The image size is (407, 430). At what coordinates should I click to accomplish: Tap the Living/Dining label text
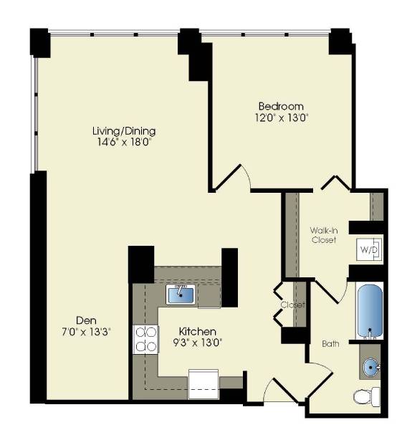point(123,131)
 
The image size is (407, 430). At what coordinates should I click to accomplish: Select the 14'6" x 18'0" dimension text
point(123,142)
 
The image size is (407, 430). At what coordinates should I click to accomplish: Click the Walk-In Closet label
point(323,235)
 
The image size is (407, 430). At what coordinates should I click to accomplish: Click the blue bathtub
point(370,312)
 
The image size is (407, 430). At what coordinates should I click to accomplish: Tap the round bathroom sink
point(371,368)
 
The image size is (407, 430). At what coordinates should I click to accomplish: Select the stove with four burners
point(146,338)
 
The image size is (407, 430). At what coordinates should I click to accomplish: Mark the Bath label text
point(330,344)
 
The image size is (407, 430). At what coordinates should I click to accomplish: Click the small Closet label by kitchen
point(293,305)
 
